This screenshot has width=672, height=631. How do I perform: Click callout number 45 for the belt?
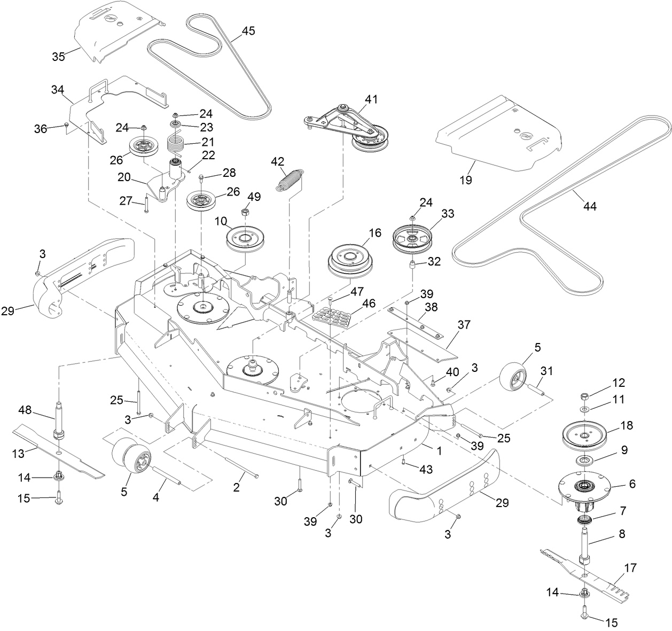[x=248, y=31]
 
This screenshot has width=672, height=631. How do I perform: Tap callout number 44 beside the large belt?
[x=590, y=207]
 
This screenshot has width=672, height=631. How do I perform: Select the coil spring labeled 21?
[x=176, y=143]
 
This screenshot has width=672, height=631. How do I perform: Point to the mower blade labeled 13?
[x=59, y=451]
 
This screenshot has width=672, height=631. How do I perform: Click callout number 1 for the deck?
[x=439, y=451]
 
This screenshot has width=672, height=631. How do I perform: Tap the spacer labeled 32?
[x=412, y=265]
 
